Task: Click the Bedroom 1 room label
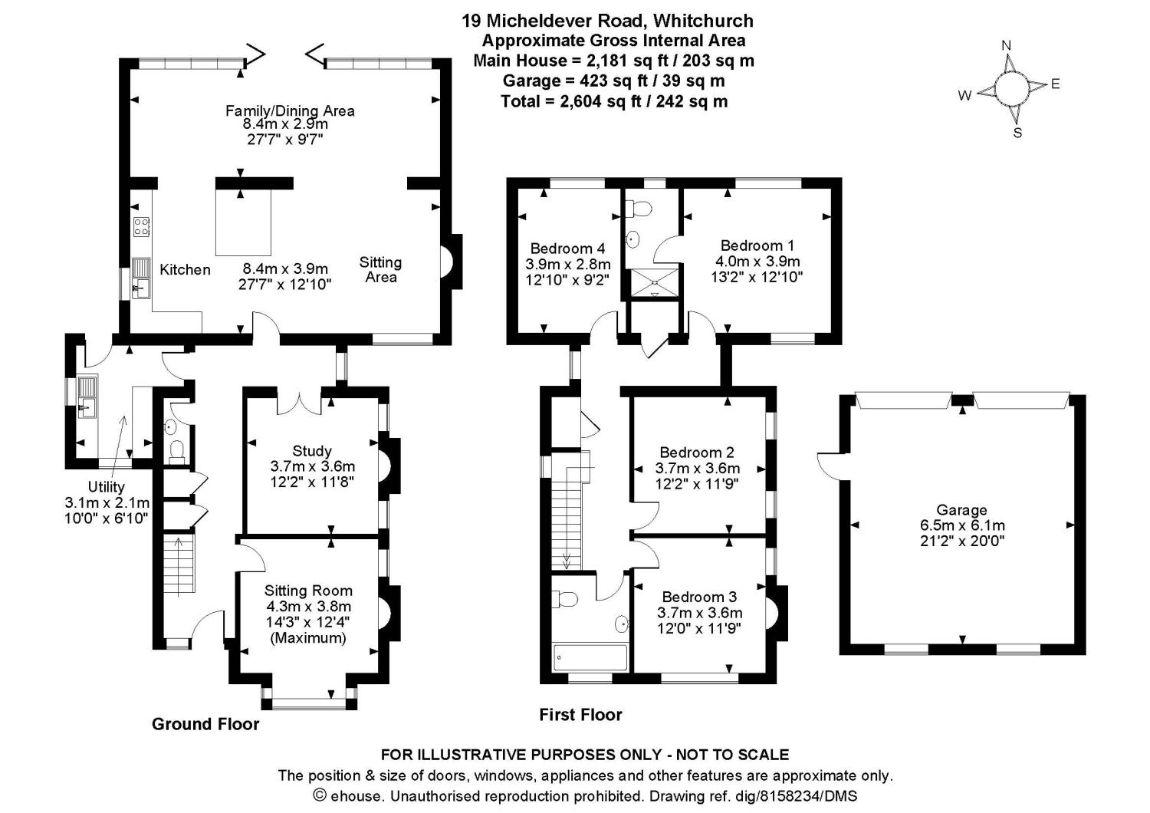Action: click(x=757, y=245)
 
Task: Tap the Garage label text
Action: click(x=961, y=510)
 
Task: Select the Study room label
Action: click(x=312, y=451)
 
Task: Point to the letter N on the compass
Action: click(x=1007, y=45)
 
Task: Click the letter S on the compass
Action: click(x=1017, y=132)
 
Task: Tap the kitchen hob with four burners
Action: click(x=142, y=226)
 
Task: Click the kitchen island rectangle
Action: click(x=243, y=223)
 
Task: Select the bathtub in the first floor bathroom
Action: click(x=590, y=657)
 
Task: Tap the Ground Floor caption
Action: click(x=205, y=724)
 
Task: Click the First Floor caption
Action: click(x=580, y=715)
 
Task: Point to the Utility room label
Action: click(x=106, y=487)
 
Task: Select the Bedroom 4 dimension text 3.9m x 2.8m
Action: click(x=567, y=264)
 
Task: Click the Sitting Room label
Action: click(x=308, y=591)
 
